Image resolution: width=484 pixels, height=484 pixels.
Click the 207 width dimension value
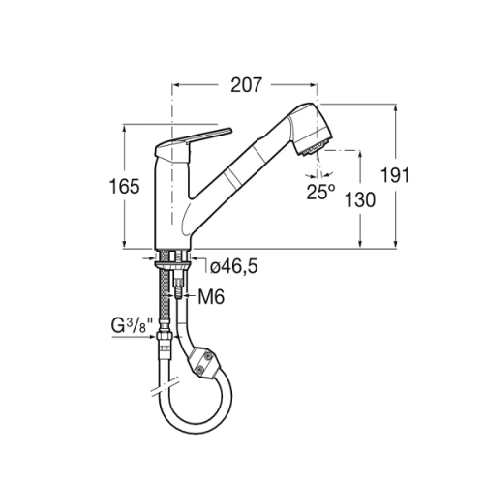coord(246,85)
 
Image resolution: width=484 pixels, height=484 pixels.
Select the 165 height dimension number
coord(124,187)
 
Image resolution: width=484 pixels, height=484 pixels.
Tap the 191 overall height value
coord(395,175)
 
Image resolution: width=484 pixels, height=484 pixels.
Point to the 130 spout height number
coord(360,199)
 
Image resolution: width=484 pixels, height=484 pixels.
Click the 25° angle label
coord(320,192)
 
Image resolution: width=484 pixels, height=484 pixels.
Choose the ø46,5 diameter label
coord(234,267)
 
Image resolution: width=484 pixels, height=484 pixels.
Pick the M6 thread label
coord(211,297)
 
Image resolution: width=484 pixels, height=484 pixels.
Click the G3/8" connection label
coord(132,325)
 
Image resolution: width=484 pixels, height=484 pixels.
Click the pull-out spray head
coord(310,129)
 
